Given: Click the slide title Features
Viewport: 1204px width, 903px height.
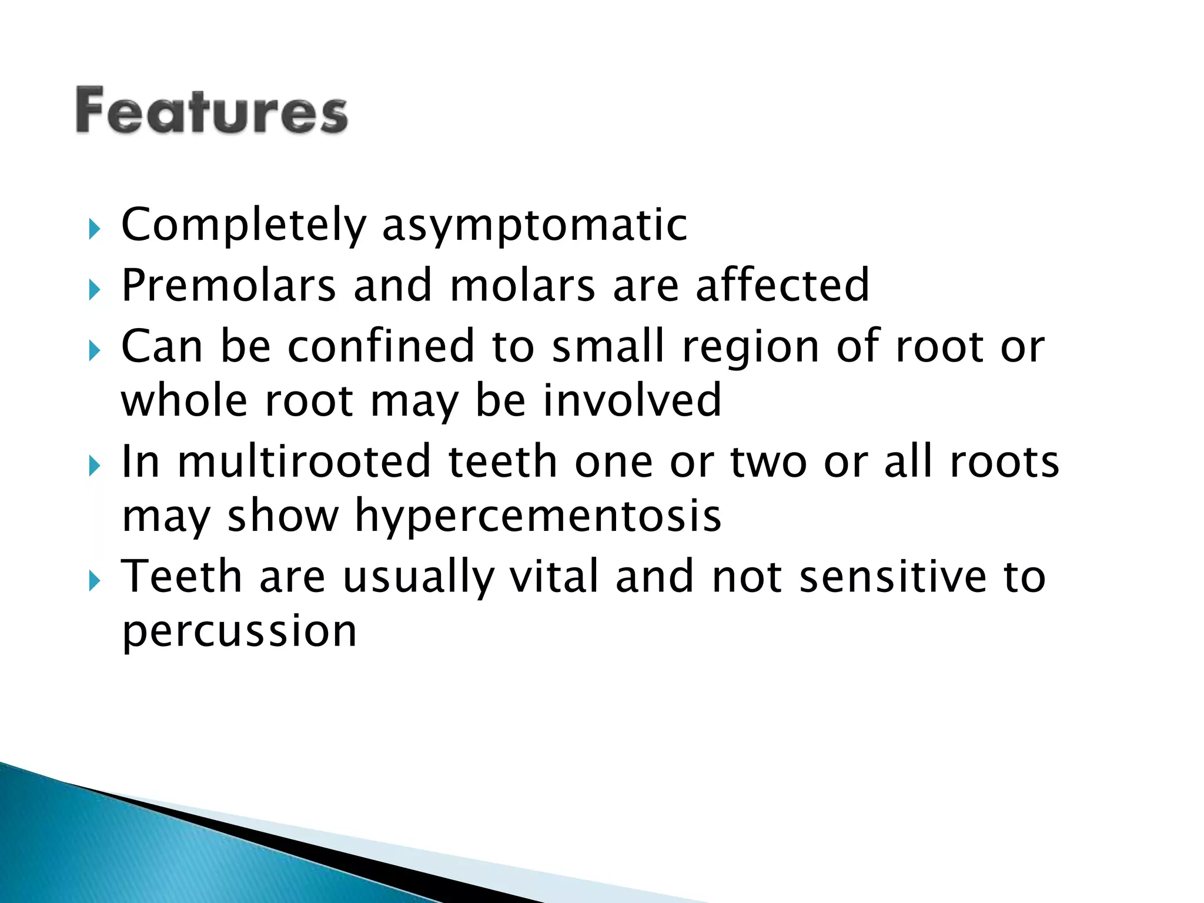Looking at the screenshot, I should click(212, 111).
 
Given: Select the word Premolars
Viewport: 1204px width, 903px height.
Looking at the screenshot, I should click(228, 286).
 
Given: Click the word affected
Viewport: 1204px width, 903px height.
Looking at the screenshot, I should click(782, 286).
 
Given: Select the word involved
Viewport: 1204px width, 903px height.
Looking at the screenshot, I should click(631, 400).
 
